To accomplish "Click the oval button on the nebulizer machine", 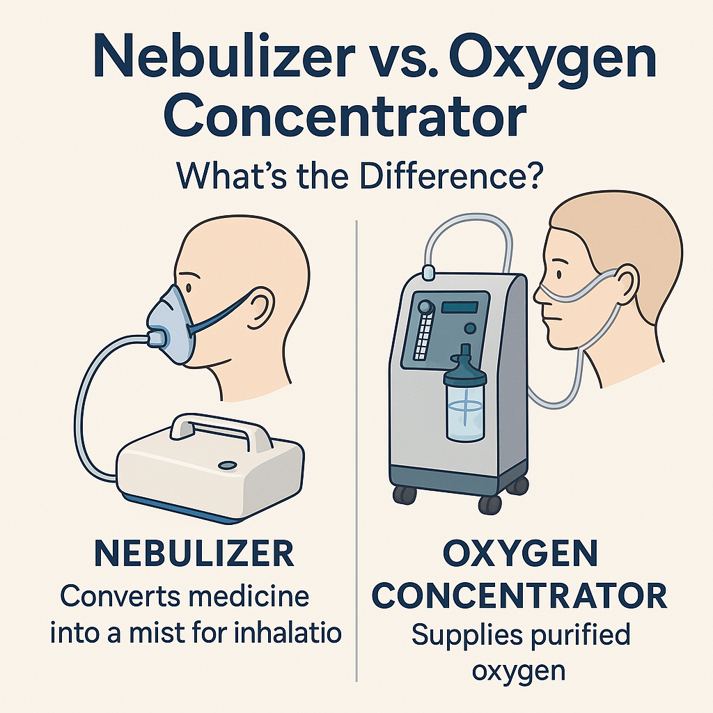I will pyautogui.click(x=228, y=464).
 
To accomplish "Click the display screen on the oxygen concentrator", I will pyautogui.click(x=464, y=307).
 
